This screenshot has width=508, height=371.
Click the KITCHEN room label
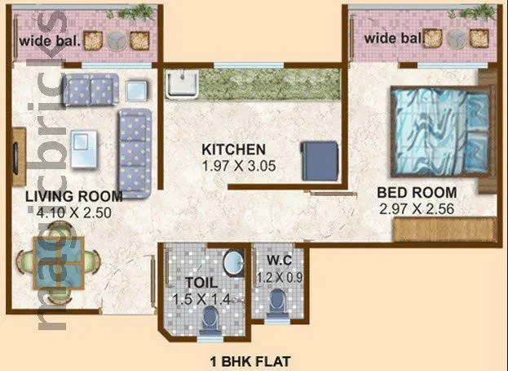click(234, 150)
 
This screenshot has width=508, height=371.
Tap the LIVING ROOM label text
click(73, 196)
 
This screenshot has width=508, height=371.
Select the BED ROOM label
click(417, 193)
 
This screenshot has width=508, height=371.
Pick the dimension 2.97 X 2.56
click(417, 208)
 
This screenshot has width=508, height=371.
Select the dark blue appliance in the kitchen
click(318, 159)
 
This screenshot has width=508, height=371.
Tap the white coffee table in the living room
click(83, 150)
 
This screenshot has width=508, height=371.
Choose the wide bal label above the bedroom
click(393, 38)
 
